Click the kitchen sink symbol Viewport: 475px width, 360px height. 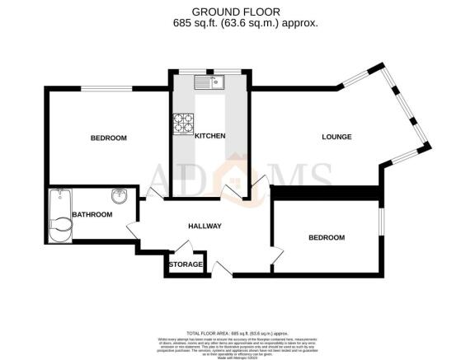209,82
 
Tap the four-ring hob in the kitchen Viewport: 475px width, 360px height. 182,124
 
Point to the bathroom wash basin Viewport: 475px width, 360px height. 119,196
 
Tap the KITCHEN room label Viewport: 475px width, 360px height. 209,136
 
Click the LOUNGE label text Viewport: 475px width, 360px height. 337,137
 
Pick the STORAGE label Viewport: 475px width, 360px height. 186,264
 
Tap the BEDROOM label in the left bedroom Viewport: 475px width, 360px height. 108,138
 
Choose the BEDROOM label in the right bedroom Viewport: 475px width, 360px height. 326,237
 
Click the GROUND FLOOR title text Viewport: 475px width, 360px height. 237,11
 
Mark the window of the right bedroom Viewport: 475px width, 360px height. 382,226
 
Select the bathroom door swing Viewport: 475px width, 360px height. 133,231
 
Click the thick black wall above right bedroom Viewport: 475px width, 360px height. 327,193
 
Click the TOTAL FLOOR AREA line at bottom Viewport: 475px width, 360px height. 237,327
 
